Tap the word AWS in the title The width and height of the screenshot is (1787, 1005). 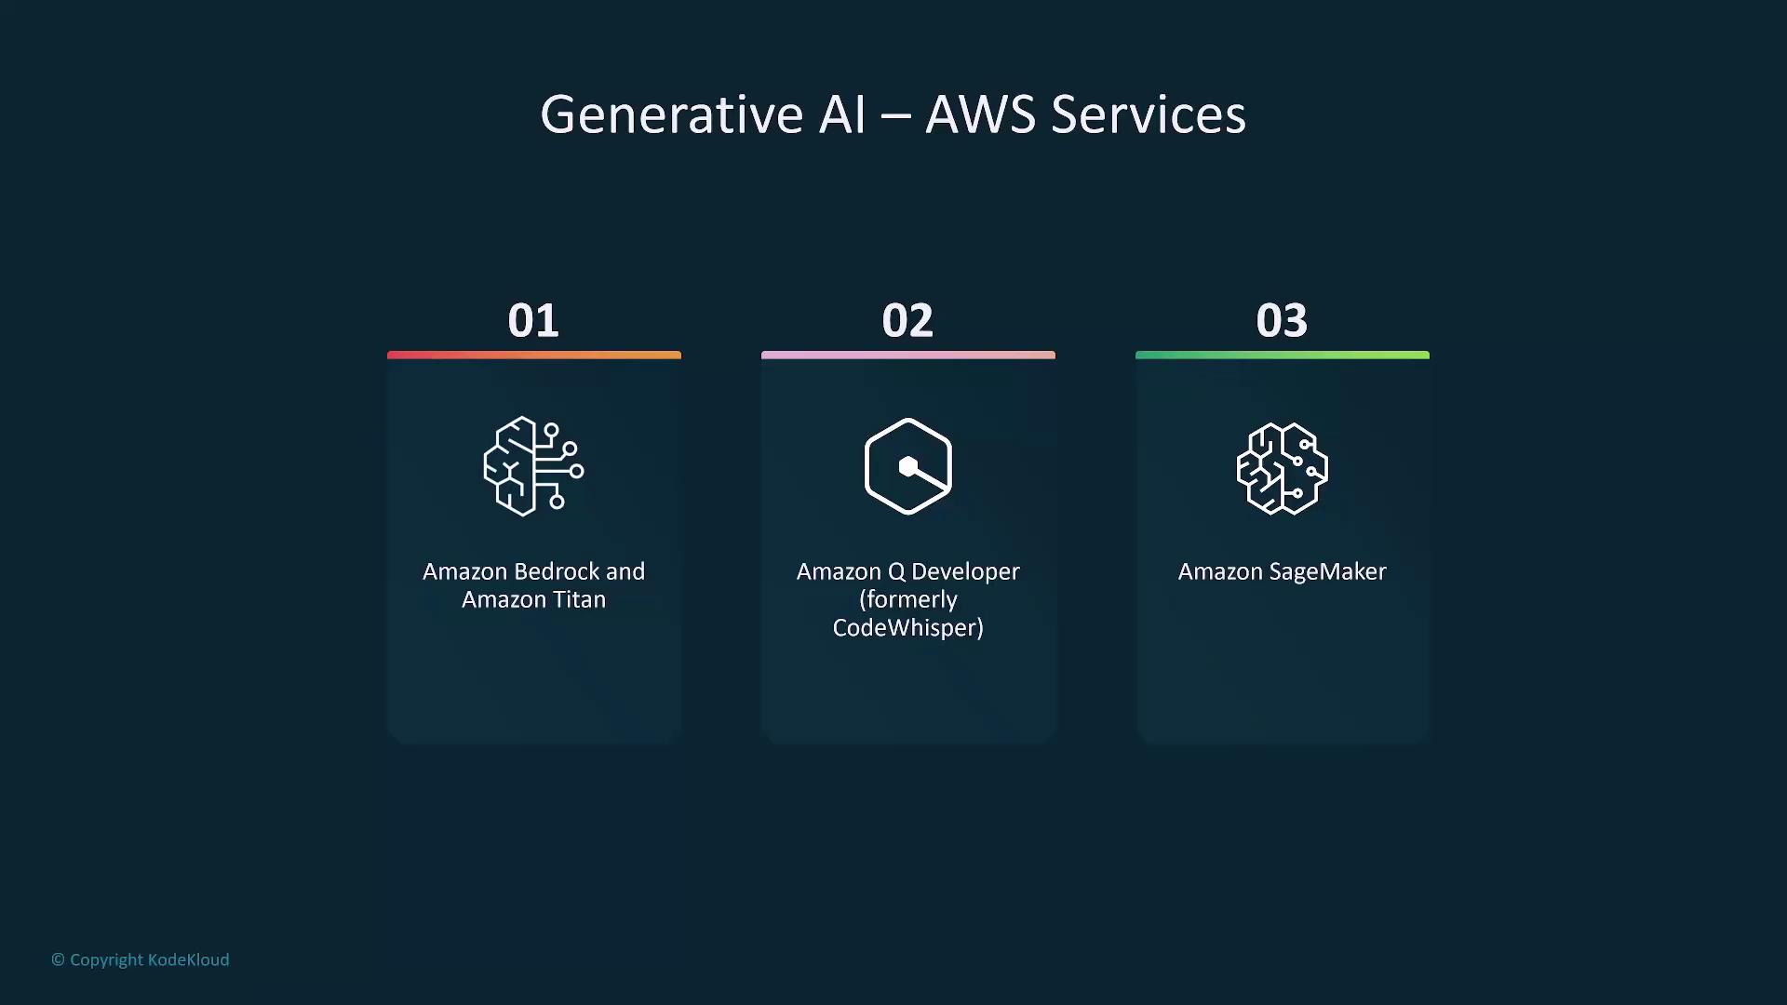coord(981,114)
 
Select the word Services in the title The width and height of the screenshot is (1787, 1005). coord(1149,114)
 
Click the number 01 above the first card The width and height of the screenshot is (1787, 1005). coord(533,320)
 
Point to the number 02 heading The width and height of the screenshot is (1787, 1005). coord(907,320)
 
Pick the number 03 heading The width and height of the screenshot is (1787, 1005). coord(1282,320)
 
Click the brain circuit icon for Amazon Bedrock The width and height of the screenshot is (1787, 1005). coord(534,466)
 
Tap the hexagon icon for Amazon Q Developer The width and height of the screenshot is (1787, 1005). coord(908,466)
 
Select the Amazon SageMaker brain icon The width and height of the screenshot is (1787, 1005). coord(1283,468)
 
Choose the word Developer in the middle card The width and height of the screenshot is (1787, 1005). coord(965,571)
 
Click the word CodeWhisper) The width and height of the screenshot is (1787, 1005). coord(908,627)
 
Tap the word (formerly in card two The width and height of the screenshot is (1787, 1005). coord(908,600)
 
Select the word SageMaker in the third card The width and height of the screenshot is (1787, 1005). coord(1328,571)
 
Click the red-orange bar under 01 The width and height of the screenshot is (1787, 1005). coord(534,355)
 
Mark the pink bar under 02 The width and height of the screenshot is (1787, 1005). coord(908,355)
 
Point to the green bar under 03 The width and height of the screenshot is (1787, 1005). coord(1283,355)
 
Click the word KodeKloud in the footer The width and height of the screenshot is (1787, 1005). coord(189,959)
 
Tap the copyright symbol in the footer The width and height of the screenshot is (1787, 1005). coord(58,959)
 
